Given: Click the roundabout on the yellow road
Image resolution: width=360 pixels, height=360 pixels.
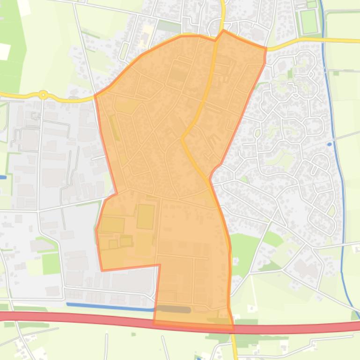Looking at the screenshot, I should click(x=43, y=95).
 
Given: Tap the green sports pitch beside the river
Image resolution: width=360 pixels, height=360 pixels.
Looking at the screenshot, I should click(x=309, y=22).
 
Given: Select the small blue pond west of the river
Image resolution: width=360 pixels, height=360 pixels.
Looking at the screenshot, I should click(x=330, y=144).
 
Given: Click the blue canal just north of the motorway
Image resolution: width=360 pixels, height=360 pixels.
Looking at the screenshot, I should click(x=110, y=307).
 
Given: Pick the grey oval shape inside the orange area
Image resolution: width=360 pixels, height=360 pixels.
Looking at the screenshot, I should click(x=173, y=309).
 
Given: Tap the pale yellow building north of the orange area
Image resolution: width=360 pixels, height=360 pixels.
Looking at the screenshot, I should click(x=148, y=31).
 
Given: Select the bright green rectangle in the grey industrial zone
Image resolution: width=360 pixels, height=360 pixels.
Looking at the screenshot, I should click(x=51, y=264).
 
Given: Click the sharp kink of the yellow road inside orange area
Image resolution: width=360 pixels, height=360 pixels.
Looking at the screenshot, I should click(x=182, y=137).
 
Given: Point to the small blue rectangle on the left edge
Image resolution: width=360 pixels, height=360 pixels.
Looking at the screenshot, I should click(x=3, y=177).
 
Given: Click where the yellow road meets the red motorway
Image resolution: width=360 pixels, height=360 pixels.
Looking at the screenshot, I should click(x=234, y=328).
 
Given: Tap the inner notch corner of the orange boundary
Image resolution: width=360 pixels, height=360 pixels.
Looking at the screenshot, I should click(x=160, y=265).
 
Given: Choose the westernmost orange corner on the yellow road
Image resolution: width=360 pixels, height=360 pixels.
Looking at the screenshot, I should click(x=95, y=96).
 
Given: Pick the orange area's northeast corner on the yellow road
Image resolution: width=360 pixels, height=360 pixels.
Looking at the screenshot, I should click(x=266, y=48).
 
